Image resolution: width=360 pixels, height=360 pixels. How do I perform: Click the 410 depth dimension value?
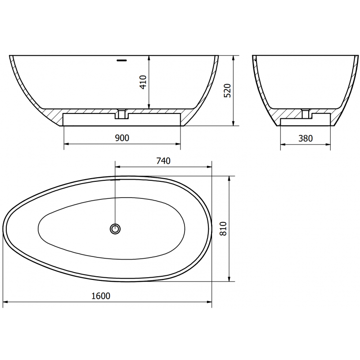tap(143, 82)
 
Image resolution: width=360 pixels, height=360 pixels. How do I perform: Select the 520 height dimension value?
tap(227, 91)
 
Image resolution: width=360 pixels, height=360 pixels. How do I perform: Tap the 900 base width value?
tap(121, 138)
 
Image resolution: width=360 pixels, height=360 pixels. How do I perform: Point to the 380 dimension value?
tap(305, 138)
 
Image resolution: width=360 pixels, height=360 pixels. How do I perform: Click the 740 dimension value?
tap(163, 161)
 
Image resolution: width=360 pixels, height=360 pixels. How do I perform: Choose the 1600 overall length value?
tap(102, 296)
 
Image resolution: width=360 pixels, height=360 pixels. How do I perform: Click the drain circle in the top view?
tap(116, 229)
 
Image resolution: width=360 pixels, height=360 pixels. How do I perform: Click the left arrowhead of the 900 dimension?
tap(66, 144)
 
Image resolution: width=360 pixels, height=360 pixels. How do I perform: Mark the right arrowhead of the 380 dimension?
tap(329, 144)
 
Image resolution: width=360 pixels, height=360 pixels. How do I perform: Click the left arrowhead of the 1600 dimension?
tap(5, 302)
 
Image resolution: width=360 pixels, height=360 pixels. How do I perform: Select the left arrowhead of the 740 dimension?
tap(118, 167)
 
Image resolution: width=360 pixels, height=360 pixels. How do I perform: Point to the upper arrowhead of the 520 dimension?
tap(233, 58)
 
